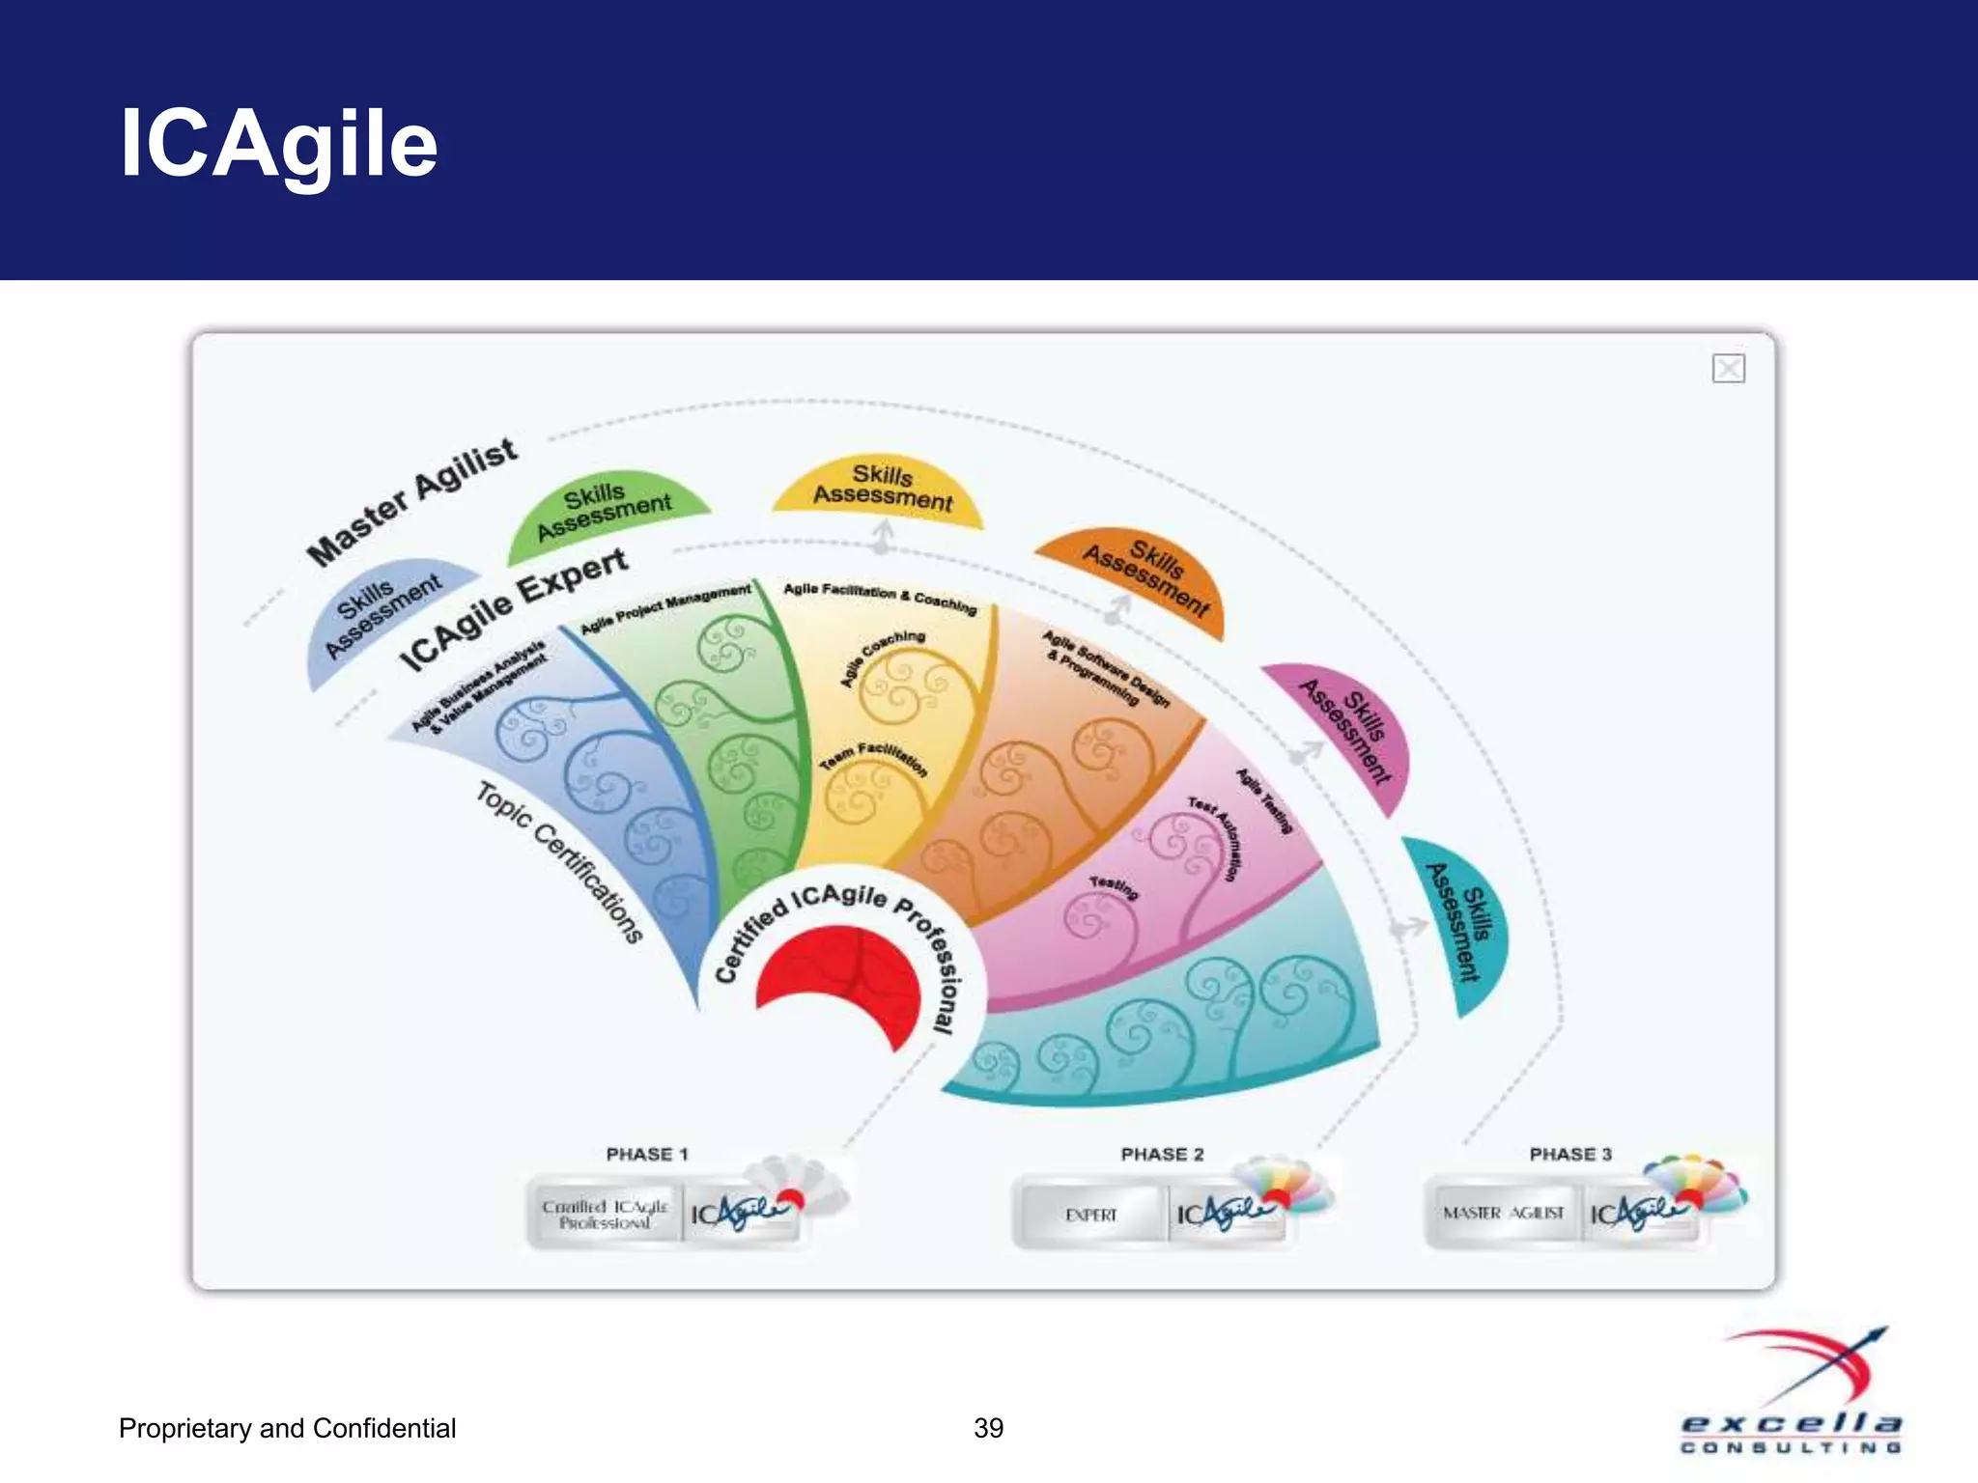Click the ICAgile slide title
click(278, 144)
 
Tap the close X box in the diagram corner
click(1728, 369)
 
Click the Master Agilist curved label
click(412, 502)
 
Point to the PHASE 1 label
click(647, 1154)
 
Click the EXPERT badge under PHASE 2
click(1091, 1215)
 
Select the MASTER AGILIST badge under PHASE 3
click(1503, 1213)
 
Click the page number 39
click(988, 1428)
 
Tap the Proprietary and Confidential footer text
click(287, 1428)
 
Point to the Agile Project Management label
click(665, 609)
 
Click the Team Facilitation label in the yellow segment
click(874, 759)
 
